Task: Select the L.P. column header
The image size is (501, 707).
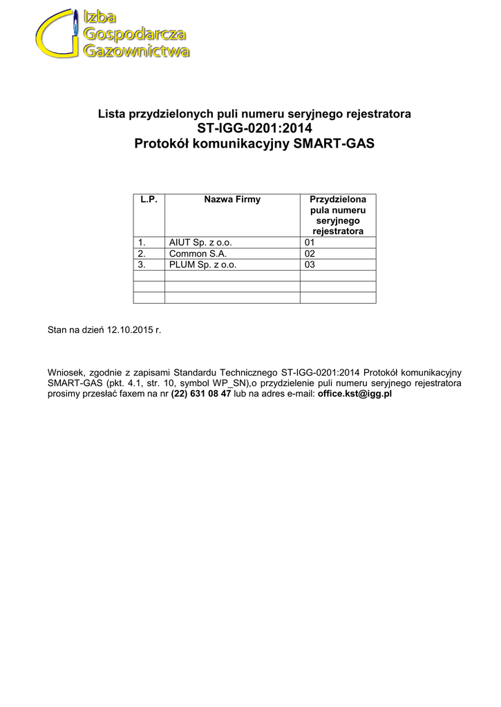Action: coord(149,200)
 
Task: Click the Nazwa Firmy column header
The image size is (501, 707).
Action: coord(232,200)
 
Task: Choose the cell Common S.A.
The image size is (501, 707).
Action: coord(193,253)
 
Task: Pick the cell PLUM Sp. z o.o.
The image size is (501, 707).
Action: coord(202,264)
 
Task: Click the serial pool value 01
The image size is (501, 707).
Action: coord(310,242)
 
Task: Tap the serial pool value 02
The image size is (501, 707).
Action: coord(310,253)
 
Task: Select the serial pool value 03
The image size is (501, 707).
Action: coord(310,264)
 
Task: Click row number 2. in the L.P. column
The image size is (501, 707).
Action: coord(142,253)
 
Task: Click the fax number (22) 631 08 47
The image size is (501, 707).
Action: coord(200,394)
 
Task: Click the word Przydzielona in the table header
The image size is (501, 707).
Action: coord(338,200)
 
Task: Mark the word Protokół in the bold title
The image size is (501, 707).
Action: coord(162,144)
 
